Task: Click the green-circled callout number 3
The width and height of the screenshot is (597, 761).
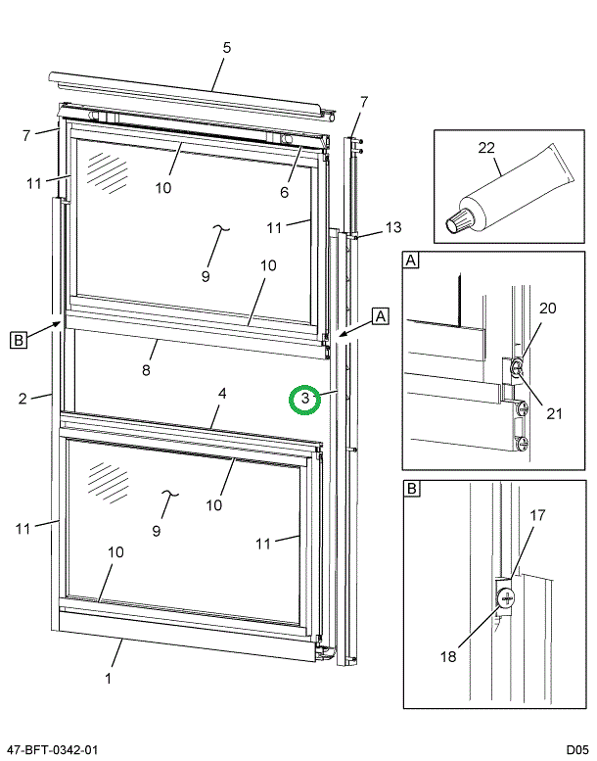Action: coord(305,399)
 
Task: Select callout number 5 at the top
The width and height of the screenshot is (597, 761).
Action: coord(226,47)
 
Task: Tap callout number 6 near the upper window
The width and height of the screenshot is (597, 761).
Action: coord(284,192)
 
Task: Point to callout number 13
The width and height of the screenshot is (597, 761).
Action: coord(392,227)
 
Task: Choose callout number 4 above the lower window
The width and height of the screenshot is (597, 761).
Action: coord(222,394)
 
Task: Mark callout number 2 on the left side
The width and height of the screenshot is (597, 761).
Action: coord(21,398)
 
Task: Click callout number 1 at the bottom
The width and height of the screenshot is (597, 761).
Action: coord(108,678)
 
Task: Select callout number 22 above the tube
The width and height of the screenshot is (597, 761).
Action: coord(486,148)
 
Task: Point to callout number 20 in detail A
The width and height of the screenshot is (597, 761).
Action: coord(547,308)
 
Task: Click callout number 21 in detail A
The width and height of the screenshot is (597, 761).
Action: coord(554,413)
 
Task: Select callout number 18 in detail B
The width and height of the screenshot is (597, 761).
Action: coord(447,656)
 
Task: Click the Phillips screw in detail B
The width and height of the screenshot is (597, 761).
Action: coord(505,599)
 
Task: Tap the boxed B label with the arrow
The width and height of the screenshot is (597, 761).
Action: coord(18,340)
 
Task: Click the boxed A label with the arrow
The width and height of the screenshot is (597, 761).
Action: coord(381,315)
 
